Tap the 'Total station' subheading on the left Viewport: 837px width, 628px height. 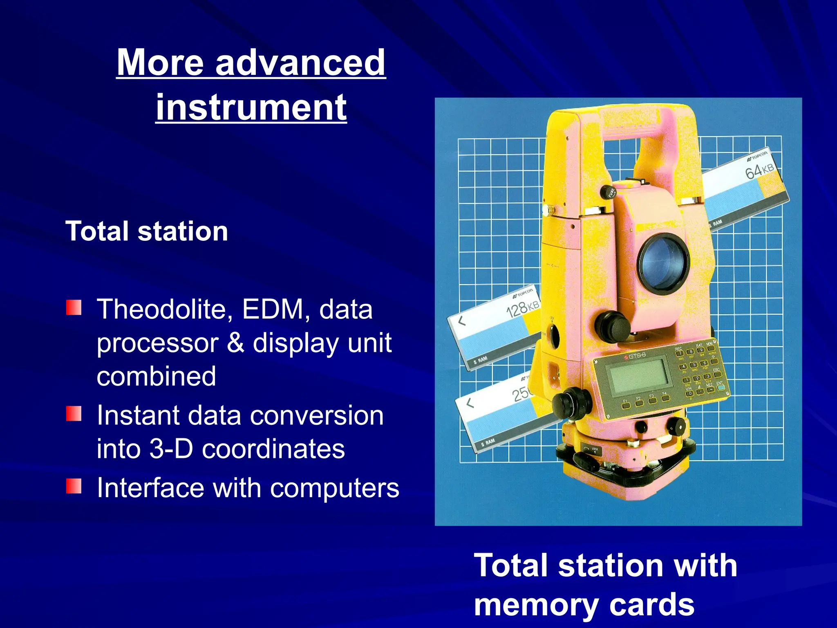click(147, 231)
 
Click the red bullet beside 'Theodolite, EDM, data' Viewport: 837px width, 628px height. click(74, 307)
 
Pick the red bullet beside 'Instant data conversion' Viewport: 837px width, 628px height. click(74, 413)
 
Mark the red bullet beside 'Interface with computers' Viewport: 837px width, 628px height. click(74, 486)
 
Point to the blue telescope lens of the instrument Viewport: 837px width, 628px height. click(663, 263)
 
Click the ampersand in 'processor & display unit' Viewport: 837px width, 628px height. click(235, 343)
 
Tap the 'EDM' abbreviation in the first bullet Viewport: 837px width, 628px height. click(273, 309)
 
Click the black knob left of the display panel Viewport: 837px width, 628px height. click(571, 403)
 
